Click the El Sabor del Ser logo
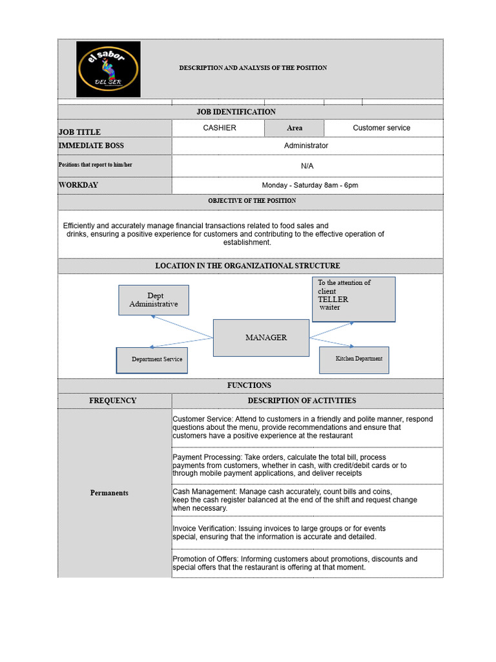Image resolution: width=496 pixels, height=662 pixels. pyautogui.click(x=108, y=69)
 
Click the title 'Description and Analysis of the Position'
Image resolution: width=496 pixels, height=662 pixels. pyautogui.click(x=253, y=68)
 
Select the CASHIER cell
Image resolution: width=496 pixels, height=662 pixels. pyautogui.click(x=219, y=128)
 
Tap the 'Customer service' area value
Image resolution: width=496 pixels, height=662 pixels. pyautogui.click(x=381, y=128)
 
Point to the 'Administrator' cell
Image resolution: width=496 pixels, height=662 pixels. pyautogui.click(x=306, y=145)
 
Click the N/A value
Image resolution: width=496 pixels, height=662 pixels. pyautogui.click(x=307, y=166)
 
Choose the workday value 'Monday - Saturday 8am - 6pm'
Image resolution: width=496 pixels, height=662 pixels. pyautogui.click(x=309, y=186)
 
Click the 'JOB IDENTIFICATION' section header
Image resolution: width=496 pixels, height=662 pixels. pyautogui.click(x=236, y=112)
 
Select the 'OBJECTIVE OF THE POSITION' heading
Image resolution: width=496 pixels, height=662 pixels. pyautogui.click(x=252, y=201)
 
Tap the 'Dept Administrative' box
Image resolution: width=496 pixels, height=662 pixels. pyautogui.click(x=154, y=300)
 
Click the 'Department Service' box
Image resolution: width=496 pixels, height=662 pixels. pyautogui.click(x=152, y=360)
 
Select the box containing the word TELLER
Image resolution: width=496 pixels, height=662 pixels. pyautogui.click(x=354, y=299)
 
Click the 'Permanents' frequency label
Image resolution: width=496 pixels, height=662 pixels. pyautogui.click(x=109, y=493)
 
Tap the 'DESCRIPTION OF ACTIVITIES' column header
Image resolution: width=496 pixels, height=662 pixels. pyautogui.click(x=302, y=401)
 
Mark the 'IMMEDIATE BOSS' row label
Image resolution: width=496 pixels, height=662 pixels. pyautogui.click(x=91, y=146)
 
